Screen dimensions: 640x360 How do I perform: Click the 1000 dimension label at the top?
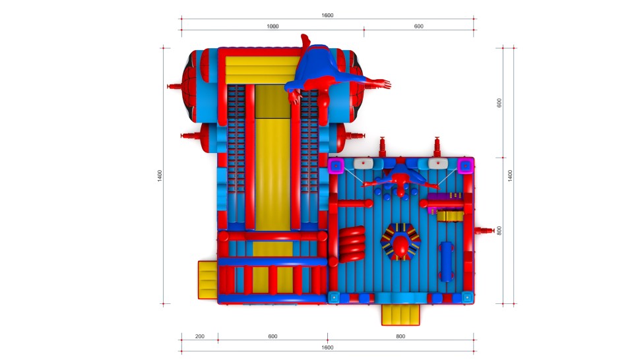coord(272,26)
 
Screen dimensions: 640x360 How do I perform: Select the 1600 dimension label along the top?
coord(327,15)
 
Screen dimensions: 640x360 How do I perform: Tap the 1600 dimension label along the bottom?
coord(327,347)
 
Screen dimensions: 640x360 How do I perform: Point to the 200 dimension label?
coord(200,336)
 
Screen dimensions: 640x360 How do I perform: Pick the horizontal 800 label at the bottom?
coord(400,336)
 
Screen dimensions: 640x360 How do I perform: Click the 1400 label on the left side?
coord(160,176)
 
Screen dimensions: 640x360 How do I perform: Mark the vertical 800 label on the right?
coord(499,231)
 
